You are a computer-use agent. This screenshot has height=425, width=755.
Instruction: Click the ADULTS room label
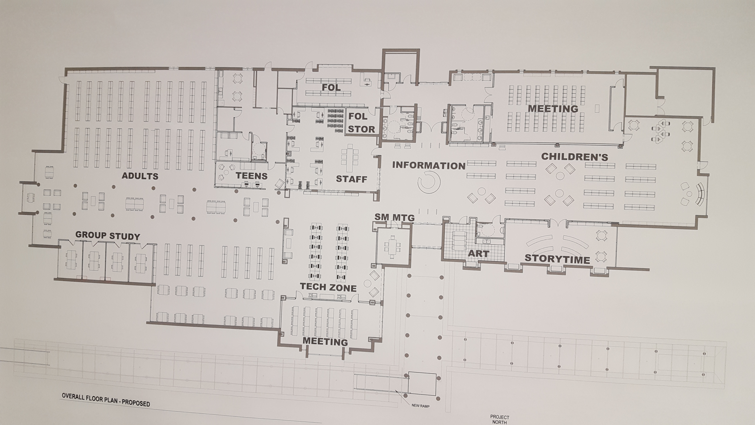(140, 176)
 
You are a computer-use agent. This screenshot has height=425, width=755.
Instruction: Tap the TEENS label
(252, 176)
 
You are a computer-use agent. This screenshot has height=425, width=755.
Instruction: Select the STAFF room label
(351, 179)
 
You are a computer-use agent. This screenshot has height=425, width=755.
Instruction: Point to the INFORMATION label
(429, 165)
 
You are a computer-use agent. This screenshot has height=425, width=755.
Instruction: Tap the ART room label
(479, 253)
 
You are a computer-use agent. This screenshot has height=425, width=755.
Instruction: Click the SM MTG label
(395, 217)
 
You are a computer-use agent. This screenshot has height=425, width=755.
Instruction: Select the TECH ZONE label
(328, 287)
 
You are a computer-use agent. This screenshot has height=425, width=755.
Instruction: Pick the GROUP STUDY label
(108, 236)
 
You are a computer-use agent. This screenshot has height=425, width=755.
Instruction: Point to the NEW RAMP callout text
(421, 406)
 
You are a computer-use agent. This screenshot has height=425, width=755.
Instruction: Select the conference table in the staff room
(350, 158)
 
